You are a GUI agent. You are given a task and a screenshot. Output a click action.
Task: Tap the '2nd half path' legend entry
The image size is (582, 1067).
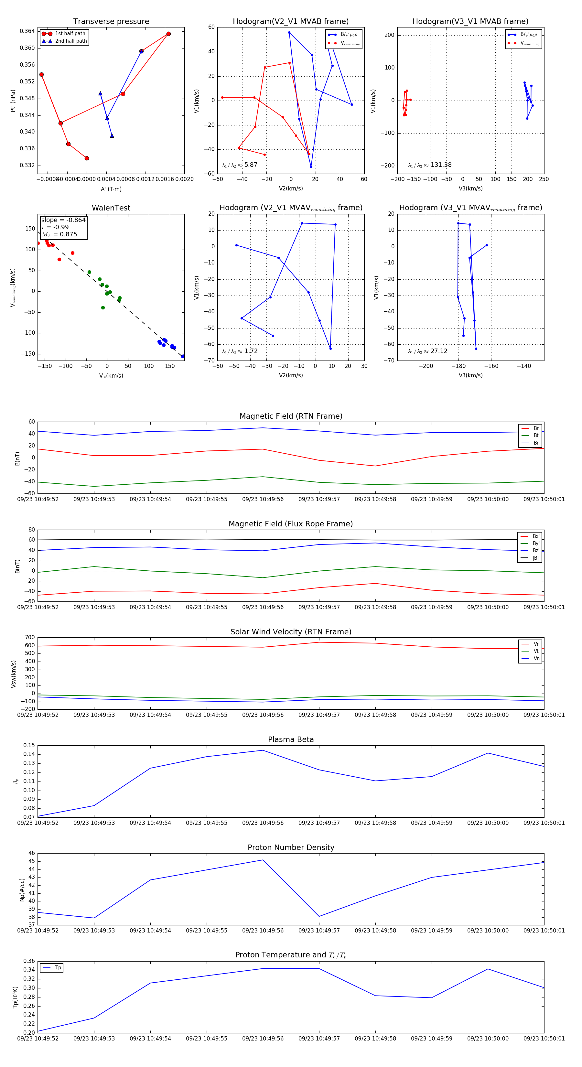pos(71,41)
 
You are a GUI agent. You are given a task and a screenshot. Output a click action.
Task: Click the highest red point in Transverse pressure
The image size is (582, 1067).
pos(168,34)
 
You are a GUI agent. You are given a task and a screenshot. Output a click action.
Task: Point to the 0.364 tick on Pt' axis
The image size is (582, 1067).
pos(27,31)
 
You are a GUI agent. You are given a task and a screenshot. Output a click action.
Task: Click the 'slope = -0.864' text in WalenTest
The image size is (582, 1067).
pos(63,220)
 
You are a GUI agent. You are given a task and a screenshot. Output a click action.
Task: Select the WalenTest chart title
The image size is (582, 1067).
pos(111,208)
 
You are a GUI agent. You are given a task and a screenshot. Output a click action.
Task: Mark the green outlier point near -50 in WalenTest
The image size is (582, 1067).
pos(103,308)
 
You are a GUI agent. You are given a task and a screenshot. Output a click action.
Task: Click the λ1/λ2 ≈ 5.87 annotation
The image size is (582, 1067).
pos(239,165)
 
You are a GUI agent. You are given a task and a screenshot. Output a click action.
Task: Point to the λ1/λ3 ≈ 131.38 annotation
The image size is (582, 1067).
pos(430,165)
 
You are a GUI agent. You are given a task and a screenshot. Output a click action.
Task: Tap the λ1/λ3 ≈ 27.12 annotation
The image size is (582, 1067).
pos(427,351)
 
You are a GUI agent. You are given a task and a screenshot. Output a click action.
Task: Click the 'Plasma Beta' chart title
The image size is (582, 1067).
pos(291,740)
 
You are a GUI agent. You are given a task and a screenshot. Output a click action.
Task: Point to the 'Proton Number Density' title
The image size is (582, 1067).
pos(291,847)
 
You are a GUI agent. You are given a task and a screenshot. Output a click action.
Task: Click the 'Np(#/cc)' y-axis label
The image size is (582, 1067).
pos(22,890)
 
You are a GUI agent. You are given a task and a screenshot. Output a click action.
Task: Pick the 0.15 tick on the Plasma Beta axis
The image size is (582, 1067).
pos(29,746)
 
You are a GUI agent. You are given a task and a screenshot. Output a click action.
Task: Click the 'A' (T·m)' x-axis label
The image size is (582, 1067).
pos(111,189)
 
